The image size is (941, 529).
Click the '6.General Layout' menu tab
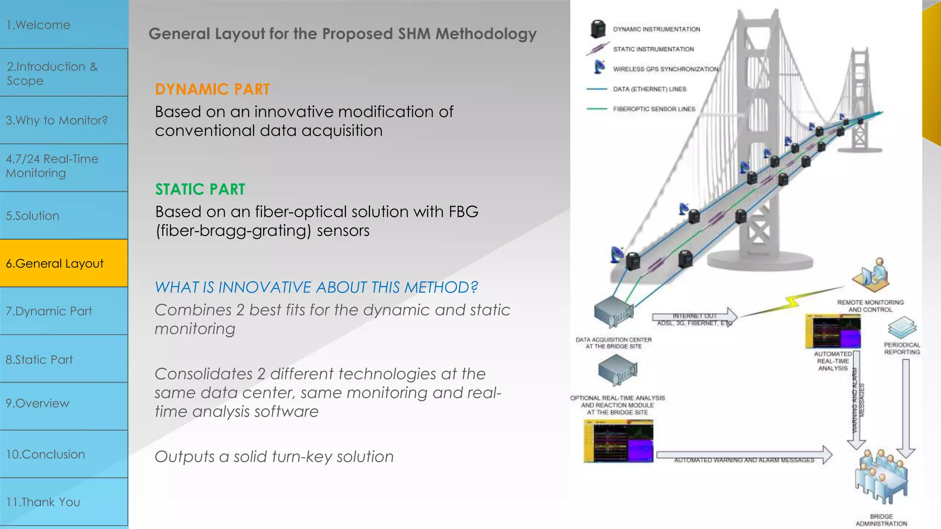[x=63, y=263]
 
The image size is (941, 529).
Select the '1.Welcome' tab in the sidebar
[x=63, y=25]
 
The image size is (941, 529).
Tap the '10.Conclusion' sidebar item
[x=63, y=454]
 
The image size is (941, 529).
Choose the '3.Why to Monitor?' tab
[x=63, y=120]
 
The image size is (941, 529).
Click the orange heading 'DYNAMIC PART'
[x=212, y=89]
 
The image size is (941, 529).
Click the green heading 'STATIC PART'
[x=200, y=189]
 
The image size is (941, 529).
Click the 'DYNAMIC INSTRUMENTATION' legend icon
[x=597, y=29]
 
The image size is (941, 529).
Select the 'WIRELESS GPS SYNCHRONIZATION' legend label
[x=665, y=69]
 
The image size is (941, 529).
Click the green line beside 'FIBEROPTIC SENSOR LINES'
[x=596, y=109]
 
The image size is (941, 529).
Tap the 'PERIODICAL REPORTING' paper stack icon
[x=902, y=327]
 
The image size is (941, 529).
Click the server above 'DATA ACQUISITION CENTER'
[x=613, y=311]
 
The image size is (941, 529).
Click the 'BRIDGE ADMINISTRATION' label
[x=881, y=520]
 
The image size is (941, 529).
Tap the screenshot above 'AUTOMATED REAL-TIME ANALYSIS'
[x=833, y=331]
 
